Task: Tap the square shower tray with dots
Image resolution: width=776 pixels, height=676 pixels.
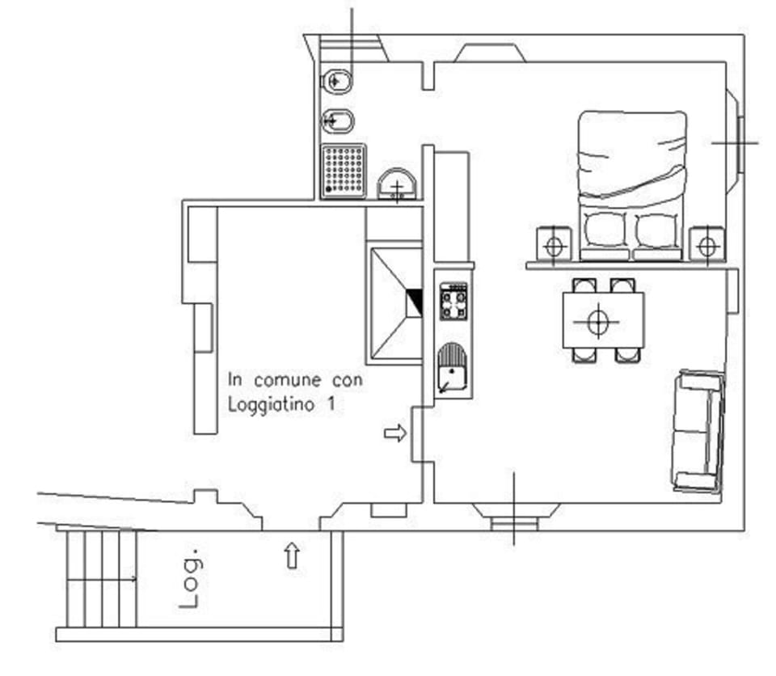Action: tap(344, 171)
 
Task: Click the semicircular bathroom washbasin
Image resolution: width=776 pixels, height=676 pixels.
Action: tap(397, 185)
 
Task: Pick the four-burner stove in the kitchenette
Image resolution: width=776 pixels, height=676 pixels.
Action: tap(453, 302)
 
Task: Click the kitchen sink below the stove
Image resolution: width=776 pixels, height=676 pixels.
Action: tap(453, 370)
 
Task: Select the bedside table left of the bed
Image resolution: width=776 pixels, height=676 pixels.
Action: tap(554, 244)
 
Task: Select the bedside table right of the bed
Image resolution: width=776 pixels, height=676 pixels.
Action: tap(706, 244)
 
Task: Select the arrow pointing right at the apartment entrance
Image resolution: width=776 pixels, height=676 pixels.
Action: tap(394, 434)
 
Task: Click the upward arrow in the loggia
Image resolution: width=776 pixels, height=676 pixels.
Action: tap(292, 556)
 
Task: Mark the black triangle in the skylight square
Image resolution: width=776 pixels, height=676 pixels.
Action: tap(415, 302)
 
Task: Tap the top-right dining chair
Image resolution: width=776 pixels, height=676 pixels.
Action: tap(622, 285)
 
